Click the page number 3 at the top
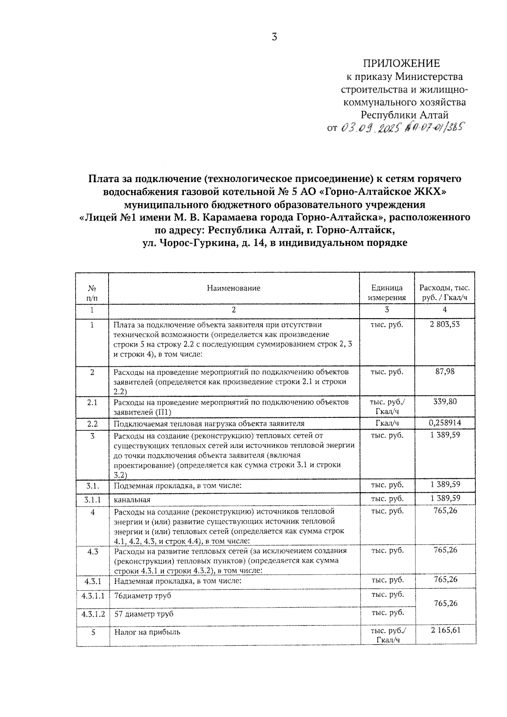point(274,37)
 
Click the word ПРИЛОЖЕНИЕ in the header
point(401,63)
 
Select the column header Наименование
point(234,288)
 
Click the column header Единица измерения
point(387,292)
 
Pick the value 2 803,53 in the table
point(444,324)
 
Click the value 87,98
point(444,372)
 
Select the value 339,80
point(444,402)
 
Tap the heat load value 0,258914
point(444,423)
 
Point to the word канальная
point(132,500)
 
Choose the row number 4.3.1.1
point(93,595)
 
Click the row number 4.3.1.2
point(93,613)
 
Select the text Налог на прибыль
point(147,632)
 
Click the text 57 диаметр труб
point(144,614)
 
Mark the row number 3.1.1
point(92,499)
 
